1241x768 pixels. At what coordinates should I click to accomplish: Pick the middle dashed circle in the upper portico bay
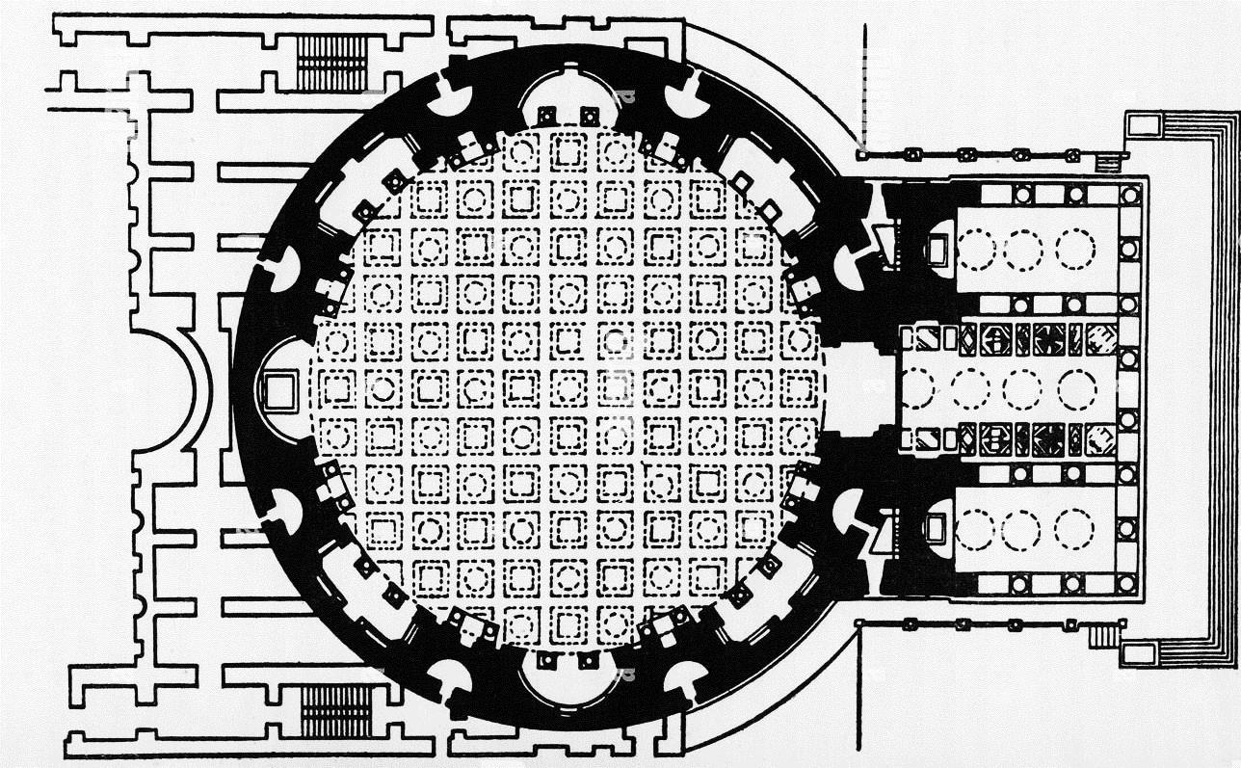click(x=1023, y=251)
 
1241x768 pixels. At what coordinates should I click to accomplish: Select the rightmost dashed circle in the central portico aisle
click(x=1076, y=390)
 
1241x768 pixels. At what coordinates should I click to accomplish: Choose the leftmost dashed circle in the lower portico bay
click(x=974, y=530)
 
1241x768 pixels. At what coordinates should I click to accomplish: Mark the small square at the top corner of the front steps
click(x=1141, y=124)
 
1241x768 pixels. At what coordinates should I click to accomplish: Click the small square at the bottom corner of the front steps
click(x=1140, y=654)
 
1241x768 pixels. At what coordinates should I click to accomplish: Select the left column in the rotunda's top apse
click(x=545, y=117)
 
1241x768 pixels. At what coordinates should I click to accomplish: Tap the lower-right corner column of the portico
click(x=1127, y=584)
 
